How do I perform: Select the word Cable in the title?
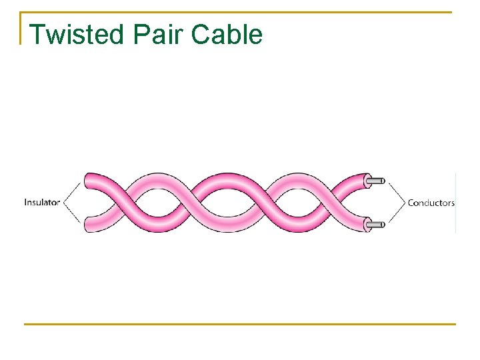[227, 34]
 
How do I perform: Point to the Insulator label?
[42, 202]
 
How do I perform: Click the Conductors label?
[431, 203]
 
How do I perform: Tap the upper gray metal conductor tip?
[377, 180]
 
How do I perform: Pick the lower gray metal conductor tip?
[377, 225]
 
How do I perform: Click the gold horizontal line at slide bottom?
[240, 325]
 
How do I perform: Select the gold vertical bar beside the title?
[21, 28]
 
